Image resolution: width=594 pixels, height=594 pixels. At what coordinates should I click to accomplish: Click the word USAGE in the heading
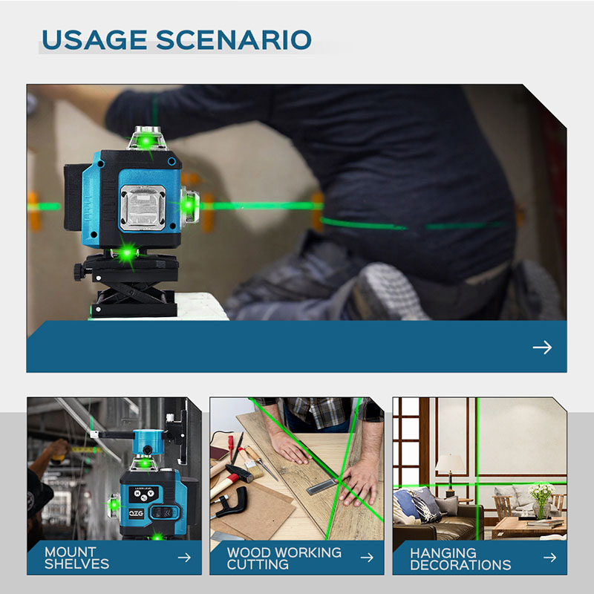[94, 40]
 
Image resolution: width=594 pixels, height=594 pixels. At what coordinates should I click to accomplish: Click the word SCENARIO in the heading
[234, 40]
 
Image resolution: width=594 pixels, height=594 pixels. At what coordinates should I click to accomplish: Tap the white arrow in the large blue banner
[542, 347]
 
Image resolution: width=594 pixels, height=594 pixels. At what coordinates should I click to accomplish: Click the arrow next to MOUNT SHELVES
[184, 558]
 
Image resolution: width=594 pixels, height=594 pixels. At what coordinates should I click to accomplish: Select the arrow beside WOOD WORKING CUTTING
[367, 558]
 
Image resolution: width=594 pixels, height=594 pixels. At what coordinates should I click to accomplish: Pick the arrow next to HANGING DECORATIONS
[549, 558]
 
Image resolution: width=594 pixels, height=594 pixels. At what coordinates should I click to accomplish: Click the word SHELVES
[77, 564]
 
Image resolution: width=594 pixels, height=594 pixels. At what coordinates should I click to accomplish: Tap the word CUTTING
[258, 564]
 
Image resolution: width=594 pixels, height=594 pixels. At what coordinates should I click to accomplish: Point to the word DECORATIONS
[460, 565]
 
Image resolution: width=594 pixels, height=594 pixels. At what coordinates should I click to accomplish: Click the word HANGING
[443, 553]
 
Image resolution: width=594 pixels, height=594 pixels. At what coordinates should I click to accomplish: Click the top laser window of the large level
[146, 139]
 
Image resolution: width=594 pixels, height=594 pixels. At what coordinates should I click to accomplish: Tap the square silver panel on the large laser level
[143, 208]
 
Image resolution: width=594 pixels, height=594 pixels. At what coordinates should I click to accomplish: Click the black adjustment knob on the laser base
[79, 272]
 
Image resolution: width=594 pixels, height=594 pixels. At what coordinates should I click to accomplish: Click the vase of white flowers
[541, 500]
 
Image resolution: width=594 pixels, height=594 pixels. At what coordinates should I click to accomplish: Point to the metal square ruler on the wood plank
[322, 486]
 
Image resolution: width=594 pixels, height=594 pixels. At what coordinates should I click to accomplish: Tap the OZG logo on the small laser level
[137, 513]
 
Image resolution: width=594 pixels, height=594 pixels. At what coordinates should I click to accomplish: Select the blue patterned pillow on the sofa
[417, 505]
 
